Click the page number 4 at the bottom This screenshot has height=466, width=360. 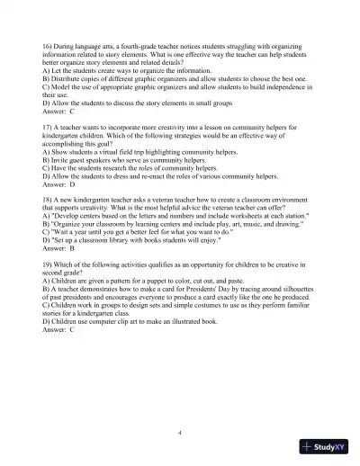click(180, 433)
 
